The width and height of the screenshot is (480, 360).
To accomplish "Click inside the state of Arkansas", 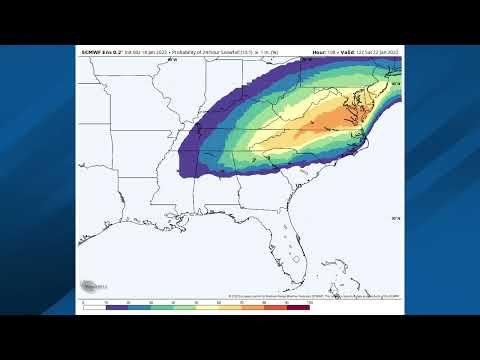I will pyautogui.click(x=159, y=150).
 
